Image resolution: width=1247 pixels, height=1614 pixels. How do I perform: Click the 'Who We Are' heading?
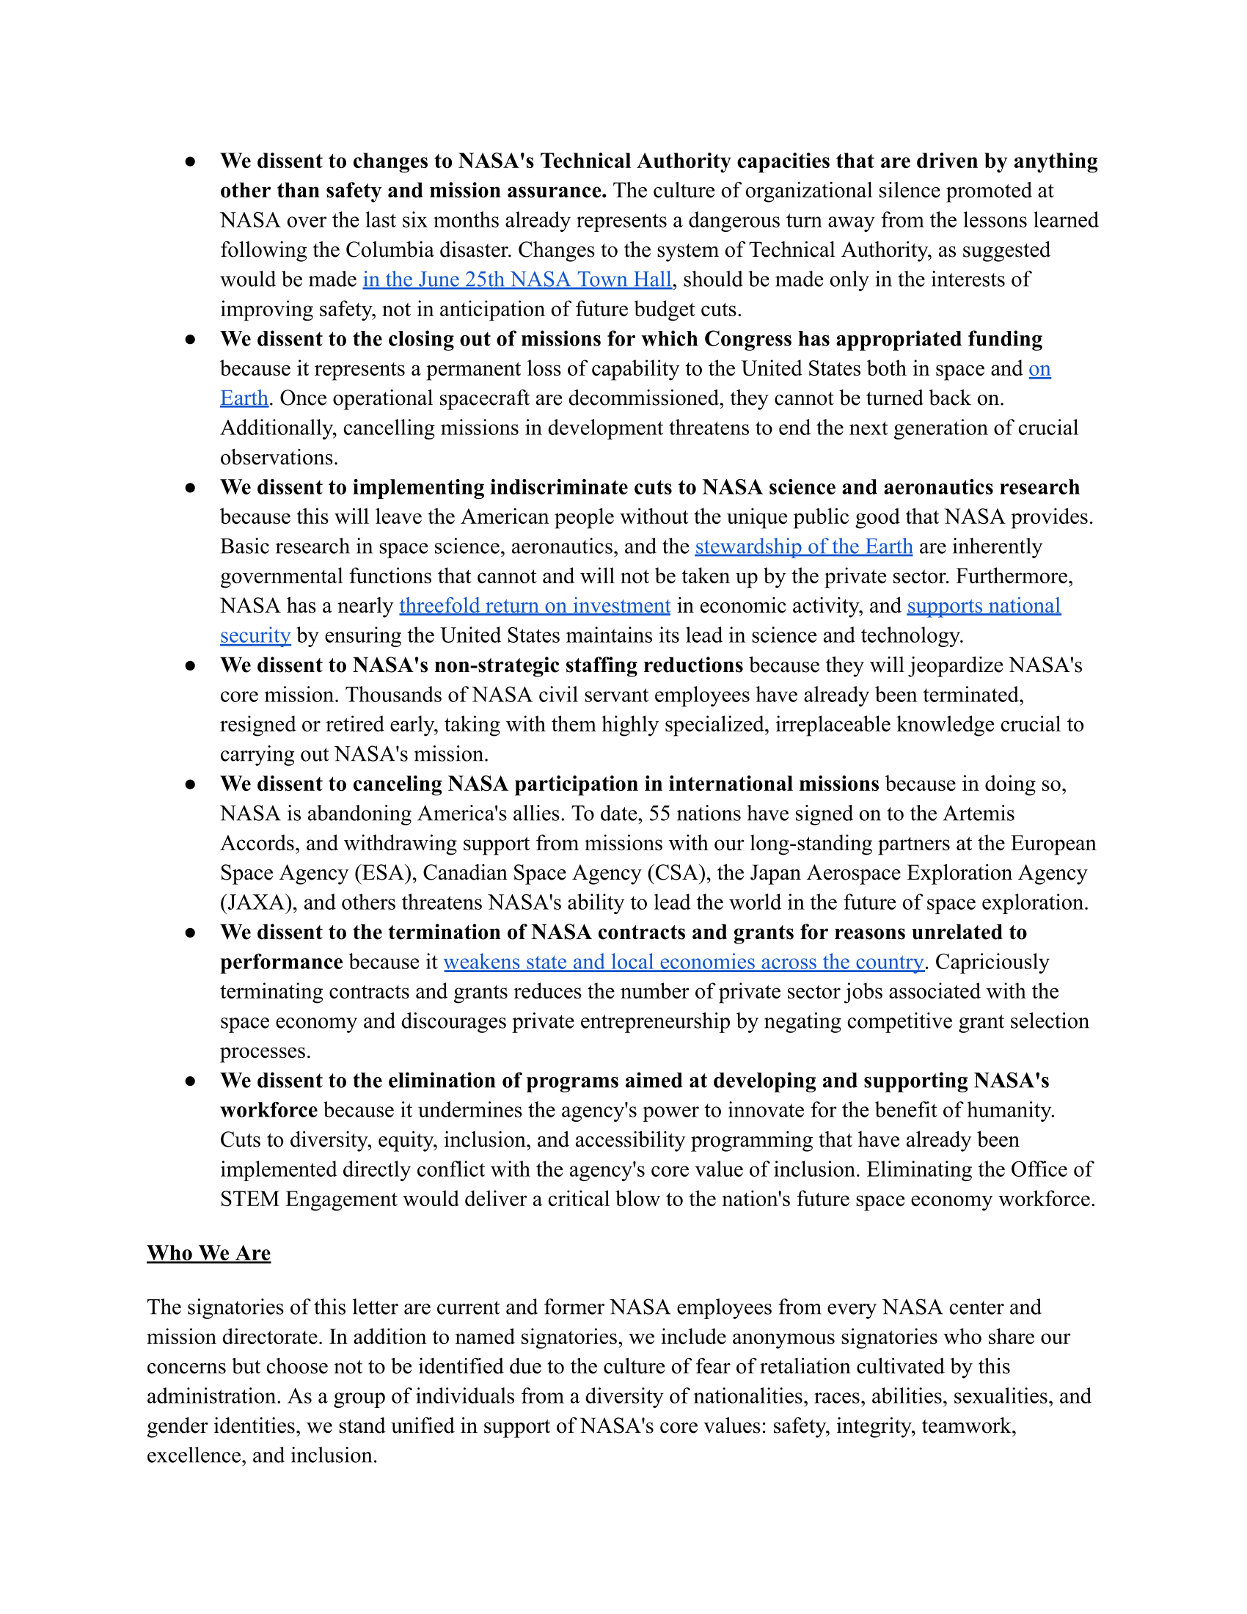208,1253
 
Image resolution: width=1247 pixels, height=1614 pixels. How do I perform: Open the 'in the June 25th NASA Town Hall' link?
517,280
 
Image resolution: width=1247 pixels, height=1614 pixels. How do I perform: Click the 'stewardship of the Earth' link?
803,546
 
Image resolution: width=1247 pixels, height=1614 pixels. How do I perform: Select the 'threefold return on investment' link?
535,606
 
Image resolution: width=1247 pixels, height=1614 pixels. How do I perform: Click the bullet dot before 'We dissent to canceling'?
191,784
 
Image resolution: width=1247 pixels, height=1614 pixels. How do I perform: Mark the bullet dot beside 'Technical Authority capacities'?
191,161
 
